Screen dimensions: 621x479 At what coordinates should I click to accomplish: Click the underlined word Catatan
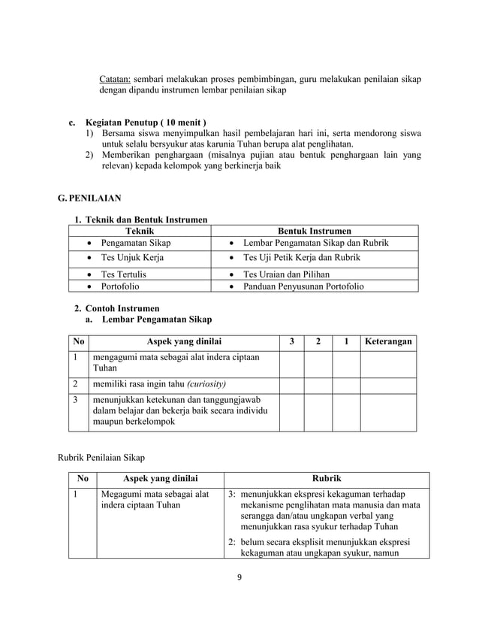[116, 78]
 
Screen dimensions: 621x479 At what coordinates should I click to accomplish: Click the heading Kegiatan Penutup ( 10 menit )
[146, 123]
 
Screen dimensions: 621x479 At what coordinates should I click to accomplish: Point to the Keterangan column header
[388, 342]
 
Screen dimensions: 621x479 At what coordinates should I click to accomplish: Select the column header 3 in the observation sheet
[291, 342]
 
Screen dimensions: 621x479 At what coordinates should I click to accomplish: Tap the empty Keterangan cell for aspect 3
[388, 411]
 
